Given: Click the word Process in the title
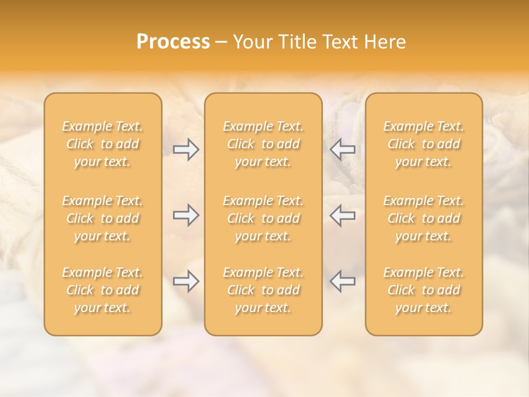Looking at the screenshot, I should click(x=173, y=42).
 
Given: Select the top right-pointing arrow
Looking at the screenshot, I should click(x=186, y=149).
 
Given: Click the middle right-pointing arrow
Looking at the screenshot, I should click(x=186, y=215).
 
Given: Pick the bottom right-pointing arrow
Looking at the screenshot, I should click(x=186, y=281).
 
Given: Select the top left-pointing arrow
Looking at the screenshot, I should click(x=343, y=149).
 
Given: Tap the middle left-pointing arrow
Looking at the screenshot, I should click(x=343, y=215).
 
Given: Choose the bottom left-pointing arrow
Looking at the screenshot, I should click(x=343, y=281).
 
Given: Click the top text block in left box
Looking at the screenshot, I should click(x=102, y=144).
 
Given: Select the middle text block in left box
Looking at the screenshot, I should click(x=102, y=218).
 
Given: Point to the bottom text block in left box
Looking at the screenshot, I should click(x=102, y=290).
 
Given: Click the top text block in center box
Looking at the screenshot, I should click(x=263, y=144).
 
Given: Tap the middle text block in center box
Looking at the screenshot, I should click(x=263, y=218).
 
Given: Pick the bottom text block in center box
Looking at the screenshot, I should click(x=263, y=290).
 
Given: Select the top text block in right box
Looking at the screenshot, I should click(x=424, y=144).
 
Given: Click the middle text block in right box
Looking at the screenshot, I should click(x=424, y=218).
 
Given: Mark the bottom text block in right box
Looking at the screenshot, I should click(x=424, y=290).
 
